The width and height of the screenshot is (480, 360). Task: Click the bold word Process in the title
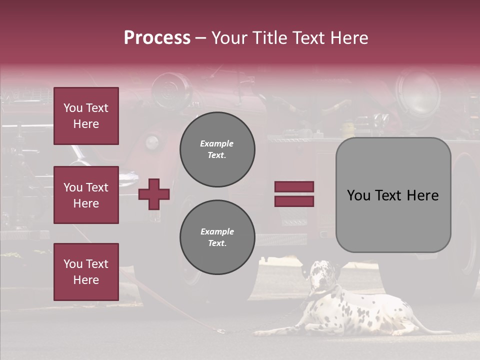[x=157, y=37]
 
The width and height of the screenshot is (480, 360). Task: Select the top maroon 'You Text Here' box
[x=86, y=116]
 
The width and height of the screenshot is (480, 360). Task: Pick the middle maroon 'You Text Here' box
[x=86, y=195]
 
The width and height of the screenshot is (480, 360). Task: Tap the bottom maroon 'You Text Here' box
[x=86, y=272]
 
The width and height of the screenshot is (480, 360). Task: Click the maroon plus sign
[x=154, y=194]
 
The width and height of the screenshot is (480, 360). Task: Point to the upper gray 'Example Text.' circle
[x=217, y=149]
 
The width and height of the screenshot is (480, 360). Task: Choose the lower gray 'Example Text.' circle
[x=217, y=237]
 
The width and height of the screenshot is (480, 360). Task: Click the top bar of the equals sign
[x=294, y=186]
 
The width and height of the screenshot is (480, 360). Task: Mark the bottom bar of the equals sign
[x=294, y=201]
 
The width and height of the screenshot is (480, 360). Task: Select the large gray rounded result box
[x=393, y=195]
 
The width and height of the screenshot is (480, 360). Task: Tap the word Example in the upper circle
[x=216, y=143]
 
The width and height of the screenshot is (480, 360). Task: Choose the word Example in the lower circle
[x=217, y=231]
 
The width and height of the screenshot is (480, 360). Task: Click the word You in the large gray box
[x=358, y=195]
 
